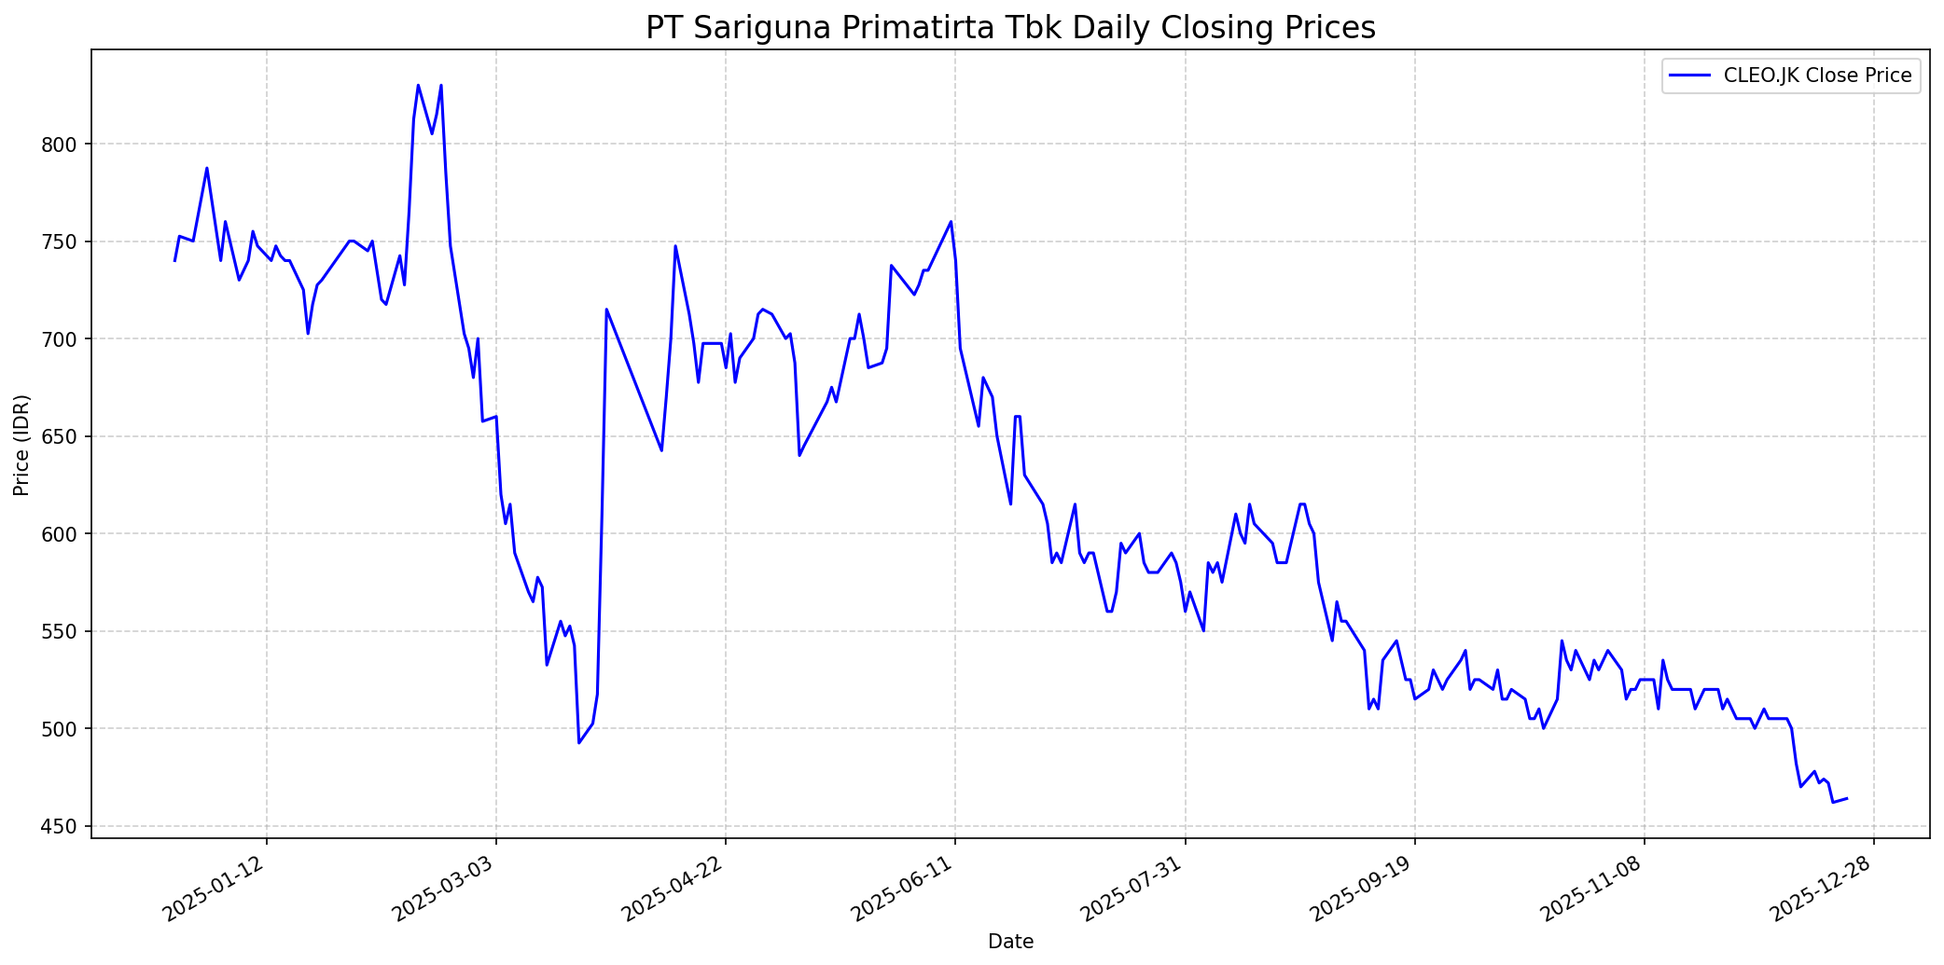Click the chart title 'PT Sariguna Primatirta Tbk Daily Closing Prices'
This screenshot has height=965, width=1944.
[1010, 27]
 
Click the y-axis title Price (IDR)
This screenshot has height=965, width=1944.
[21, 445]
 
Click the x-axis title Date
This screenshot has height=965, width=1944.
[1010, 942]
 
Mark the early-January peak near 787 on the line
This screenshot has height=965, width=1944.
[207, 168]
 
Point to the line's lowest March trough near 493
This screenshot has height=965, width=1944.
[579, 742]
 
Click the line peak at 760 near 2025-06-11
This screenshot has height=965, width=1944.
[951, 222]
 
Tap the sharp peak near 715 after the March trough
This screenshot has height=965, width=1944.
[606, 310]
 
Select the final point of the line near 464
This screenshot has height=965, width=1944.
[1846, 798]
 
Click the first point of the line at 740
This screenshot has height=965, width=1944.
[174, 261]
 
